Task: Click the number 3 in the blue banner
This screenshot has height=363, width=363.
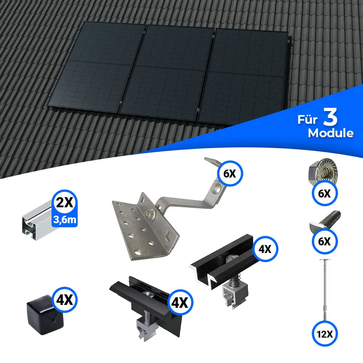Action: [330, 118]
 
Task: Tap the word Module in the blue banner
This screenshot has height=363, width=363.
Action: [331, 133]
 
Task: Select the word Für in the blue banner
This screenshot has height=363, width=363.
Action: [307, 120]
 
